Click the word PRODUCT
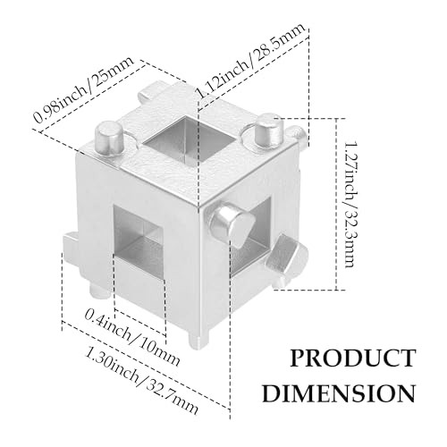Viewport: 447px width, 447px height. (x=353, y=358)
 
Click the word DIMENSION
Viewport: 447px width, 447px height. (x=339, y=393)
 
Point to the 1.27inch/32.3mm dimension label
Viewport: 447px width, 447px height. (x=350, y=204)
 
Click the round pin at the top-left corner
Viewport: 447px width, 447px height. (x=109, y=138)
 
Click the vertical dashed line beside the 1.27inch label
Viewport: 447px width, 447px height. (x=337, y=204)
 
